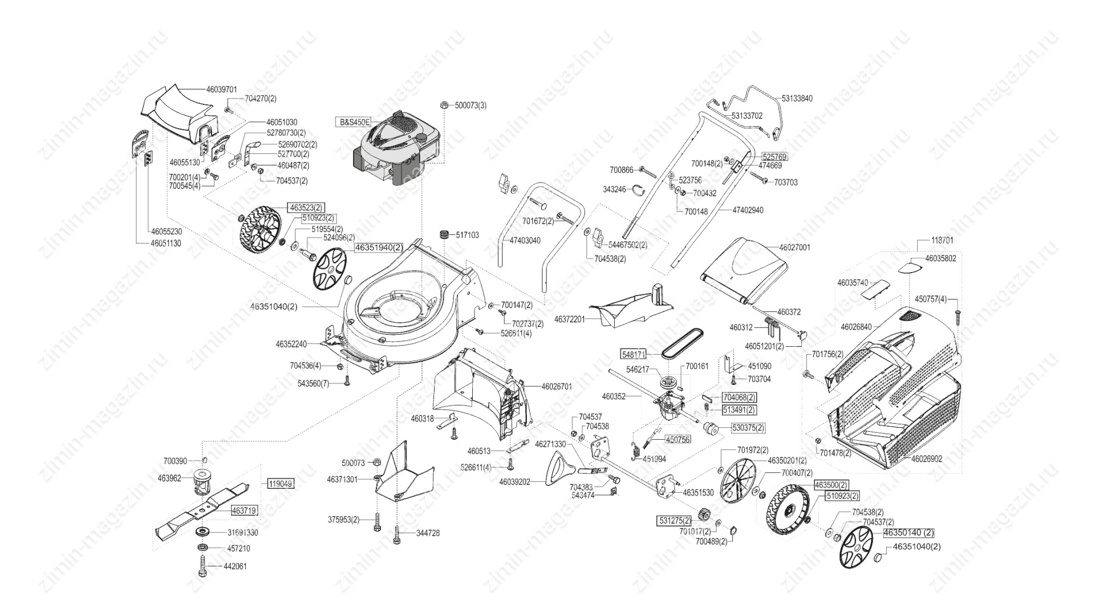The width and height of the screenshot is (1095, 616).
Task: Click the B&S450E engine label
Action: click(x=354, y=122)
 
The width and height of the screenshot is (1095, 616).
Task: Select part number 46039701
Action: click(x=221, y=90)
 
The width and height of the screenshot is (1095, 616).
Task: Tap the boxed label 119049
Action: click(x=281, y=484)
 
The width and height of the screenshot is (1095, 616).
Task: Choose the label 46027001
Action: click(x=794, y=248)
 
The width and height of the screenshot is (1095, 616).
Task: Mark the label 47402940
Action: click(x=748, y=210)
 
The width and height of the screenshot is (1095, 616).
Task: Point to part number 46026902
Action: click(x=927, y=459)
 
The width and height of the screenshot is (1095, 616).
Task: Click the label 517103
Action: click(x=468, y=235)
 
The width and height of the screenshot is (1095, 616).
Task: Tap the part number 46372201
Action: click(x=570, y=319)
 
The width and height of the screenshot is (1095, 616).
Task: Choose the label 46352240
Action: click(x=291, y=345)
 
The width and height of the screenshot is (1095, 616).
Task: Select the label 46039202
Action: click(x=514, y=482)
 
